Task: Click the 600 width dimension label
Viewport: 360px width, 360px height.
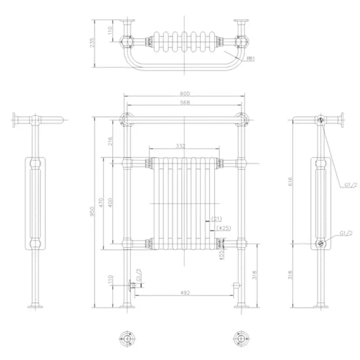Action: (185, 93)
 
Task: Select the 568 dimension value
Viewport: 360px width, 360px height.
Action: (185, 102)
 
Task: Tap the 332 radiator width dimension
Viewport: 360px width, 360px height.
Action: (180, 146)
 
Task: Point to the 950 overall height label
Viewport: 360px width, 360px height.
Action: (92, 211)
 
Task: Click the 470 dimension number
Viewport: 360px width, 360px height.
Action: (101, 203)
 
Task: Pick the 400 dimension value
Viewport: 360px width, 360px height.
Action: (110, 203)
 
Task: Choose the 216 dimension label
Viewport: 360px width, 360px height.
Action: (110, 141)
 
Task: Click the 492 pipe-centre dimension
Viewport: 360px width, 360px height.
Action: (185, 293)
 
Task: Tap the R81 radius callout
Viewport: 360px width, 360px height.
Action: (251, 59)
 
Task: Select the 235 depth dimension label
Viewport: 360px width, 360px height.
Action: (92, 43)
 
